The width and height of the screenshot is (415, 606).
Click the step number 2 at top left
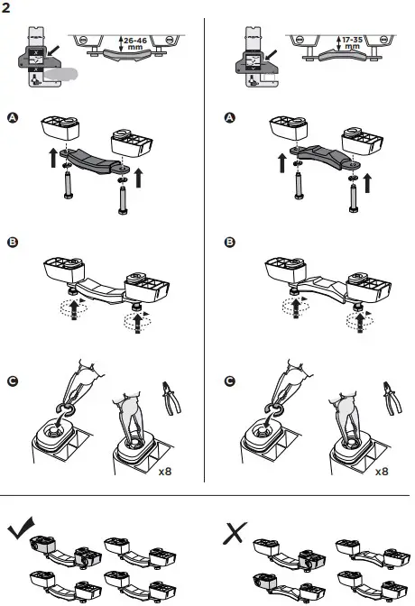pyautogui.click(x=8, y=8)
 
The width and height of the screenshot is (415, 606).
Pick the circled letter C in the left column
pyautogui.click(x=11, y=381)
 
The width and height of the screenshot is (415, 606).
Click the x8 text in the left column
pyautogui.click(x=165, y=471)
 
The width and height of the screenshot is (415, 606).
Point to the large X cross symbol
pyautogui.click(x=236, y=532)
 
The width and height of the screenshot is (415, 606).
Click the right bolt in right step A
pyautogui.click(x=351, y=192)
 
